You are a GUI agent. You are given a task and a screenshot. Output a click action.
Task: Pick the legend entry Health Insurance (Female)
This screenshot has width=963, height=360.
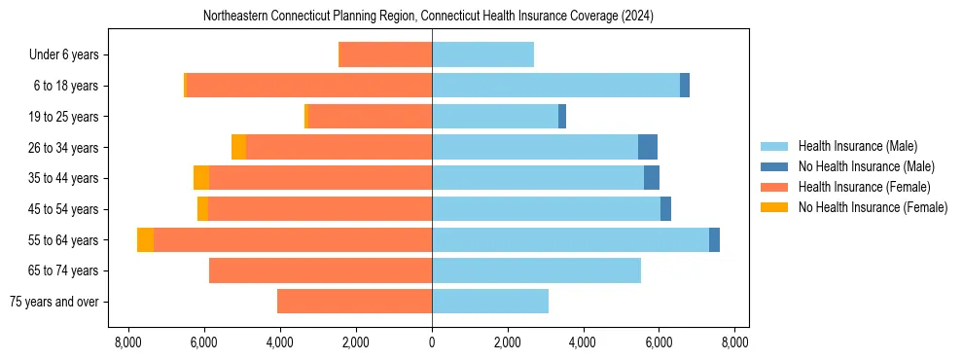pos(858,187)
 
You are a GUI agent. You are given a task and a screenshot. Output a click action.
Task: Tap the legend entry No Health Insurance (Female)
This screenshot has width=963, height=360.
pos(872,207)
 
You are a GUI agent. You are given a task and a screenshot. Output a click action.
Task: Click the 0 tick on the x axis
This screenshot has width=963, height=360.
pos(432,342)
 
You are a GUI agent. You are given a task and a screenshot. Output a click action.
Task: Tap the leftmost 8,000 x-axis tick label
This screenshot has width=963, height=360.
pos(128,342)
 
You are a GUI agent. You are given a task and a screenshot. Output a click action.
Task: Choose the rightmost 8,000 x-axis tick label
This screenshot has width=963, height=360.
pos(734,342)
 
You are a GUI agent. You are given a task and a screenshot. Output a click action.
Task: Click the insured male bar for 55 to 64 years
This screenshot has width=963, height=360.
pos(570,240)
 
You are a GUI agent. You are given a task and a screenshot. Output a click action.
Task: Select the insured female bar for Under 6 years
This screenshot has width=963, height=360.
pos(385,55)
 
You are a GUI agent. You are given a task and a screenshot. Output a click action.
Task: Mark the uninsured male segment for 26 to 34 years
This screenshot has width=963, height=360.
pos(648,148)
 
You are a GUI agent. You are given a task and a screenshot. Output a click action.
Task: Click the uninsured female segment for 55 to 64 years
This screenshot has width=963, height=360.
pos(145,240)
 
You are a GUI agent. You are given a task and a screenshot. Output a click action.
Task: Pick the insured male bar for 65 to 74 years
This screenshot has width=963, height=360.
pos(536,270)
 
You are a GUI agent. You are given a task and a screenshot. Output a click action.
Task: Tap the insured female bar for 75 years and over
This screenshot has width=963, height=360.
pos(354,302)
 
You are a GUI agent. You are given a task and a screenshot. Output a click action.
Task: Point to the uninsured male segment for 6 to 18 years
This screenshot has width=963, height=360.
pos(685,86)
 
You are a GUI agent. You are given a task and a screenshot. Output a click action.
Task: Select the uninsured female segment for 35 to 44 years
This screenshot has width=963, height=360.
pos(201,178)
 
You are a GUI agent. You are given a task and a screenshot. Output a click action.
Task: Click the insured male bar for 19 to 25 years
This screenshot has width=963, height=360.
pos(495,117)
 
